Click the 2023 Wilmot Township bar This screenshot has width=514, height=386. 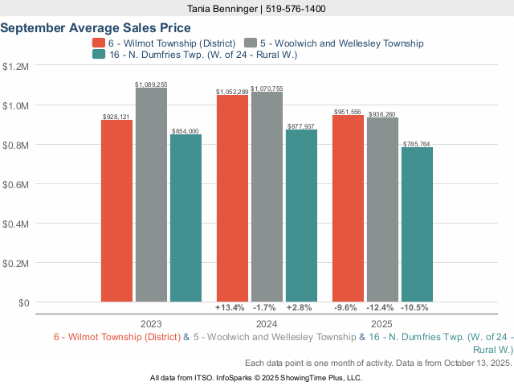[116, 211]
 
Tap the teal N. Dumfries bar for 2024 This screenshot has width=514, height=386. [301, 216]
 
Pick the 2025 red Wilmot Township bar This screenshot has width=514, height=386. [348, 209]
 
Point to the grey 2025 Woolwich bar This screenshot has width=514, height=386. [382, 210]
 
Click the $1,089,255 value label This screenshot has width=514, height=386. [151, 84]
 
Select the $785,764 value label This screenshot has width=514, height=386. [417, 144]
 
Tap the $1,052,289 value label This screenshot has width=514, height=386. [232, 92]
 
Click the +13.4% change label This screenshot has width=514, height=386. [230, 308]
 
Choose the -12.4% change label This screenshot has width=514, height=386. [382, 308]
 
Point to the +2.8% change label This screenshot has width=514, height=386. [301, 308]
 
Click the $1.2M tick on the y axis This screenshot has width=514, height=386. [16, 67]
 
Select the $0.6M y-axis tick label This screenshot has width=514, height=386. [16, 184]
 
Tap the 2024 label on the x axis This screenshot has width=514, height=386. [266, 323]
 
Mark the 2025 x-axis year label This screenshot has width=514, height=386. [381, 323]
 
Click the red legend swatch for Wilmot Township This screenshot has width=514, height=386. [99, 43]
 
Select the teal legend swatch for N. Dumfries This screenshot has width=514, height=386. [99, 55]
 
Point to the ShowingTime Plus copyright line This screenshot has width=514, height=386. [256, 377]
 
